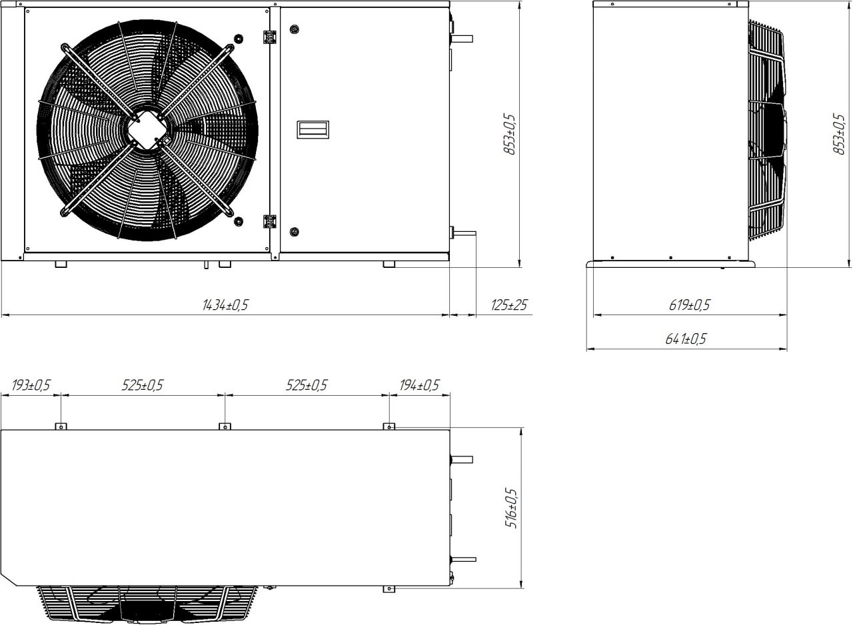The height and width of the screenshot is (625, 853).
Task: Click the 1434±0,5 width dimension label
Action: [225, 305]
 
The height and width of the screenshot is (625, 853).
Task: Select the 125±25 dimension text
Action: [509, 305]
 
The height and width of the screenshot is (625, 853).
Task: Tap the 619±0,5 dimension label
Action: [690, 305]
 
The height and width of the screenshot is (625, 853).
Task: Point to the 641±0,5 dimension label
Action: [686, 338]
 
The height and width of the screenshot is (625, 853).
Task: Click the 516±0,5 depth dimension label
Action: [511, 508]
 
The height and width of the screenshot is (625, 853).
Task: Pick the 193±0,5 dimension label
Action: [31, 385]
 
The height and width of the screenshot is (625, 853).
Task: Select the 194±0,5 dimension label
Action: [419, 385]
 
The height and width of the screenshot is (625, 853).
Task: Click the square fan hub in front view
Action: [147, 130]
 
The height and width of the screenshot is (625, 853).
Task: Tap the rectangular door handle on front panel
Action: [313, 130]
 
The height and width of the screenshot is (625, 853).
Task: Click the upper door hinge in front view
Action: [270, 37]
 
